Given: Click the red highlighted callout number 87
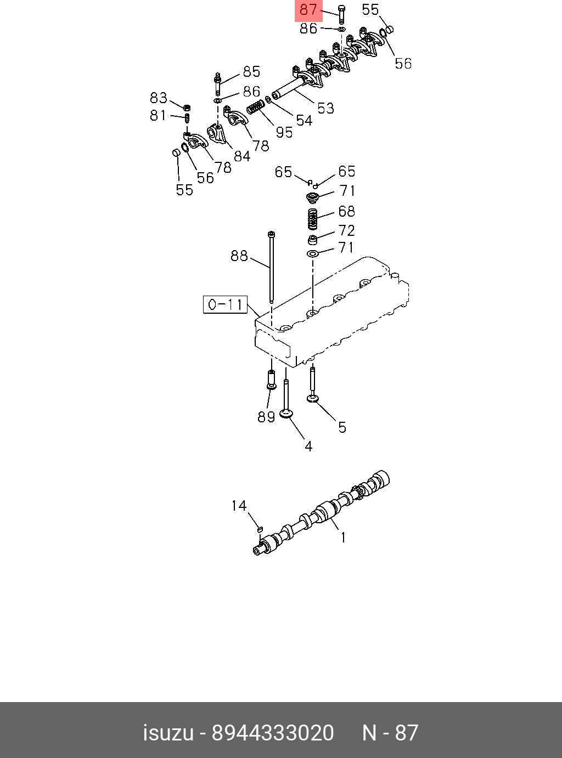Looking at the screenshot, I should point(308,10).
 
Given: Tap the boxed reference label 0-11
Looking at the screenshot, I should point(226,304).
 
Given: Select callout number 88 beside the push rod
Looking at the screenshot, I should point(239,256).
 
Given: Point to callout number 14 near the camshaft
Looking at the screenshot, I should point(239,505).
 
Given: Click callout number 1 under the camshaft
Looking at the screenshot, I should point(343,538).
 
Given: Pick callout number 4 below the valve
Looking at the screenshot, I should point(308,446).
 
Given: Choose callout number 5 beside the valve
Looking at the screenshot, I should point(342,427).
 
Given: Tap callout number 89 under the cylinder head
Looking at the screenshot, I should point(266,417).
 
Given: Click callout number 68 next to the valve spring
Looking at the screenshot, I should point(346,211).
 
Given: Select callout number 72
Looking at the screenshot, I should point(346,230).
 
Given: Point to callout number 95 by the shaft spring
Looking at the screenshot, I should point(284,132).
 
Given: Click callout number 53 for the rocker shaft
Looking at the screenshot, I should point(325,108).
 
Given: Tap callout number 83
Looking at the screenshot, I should point(158,98).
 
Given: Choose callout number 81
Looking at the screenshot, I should point(158,115).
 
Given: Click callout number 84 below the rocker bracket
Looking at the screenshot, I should point(241,156).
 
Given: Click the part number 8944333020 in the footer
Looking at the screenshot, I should point(273,733).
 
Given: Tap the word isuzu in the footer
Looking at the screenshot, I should point(168,733).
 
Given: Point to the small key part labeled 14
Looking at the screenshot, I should point(260,529).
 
